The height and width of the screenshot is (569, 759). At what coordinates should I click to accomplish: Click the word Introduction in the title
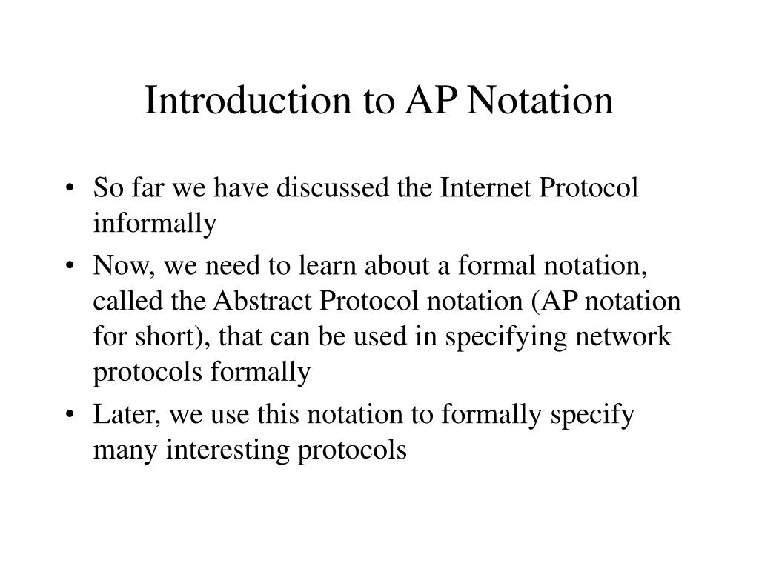click(x=248, y=100)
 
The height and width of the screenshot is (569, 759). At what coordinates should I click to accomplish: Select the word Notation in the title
click(x=540, y=100)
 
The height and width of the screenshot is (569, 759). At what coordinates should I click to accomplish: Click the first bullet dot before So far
click(x=70, y=187)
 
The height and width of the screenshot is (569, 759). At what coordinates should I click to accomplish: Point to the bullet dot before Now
click(x=70, y=266)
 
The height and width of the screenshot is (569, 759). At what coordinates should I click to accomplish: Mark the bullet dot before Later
click(x=70, y=415)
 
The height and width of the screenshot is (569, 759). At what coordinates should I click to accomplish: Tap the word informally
click(x=155, y=224)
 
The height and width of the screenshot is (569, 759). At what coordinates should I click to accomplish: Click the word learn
click(x=327, y=266)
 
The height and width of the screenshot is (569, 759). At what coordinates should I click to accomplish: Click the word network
click(x=623, y=336)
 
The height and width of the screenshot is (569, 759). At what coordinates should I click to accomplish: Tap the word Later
click(x=124, y=415)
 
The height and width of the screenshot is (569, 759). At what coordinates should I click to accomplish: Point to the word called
click(x=127, y=301)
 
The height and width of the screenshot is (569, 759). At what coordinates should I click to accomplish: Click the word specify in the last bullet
click(x=592, y=416)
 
